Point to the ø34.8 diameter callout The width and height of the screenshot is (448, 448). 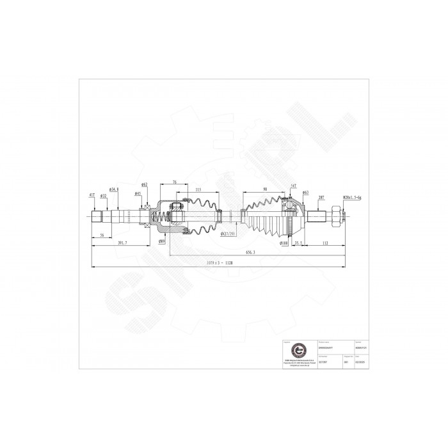click(114, 189)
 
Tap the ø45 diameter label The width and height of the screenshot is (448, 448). click(138, 194)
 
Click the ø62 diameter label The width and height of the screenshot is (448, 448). click(145, 185)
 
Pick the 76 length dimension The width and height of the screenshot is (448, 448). click(175, 182)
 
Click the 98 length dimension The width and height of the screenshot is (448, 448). click(264, 189)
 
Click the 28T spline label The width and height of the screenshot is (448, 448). click(319, 197)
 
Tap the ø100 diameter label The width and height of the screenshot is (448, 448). click(282, 243)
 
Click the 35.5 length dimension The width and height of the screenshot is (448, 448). click(299, 243)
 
